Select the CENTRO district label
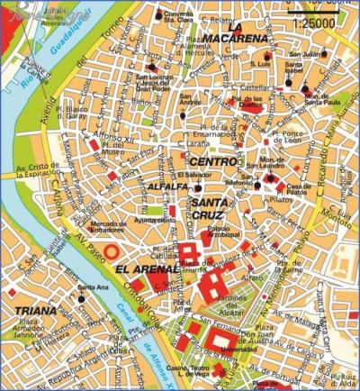click(214, 161)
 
